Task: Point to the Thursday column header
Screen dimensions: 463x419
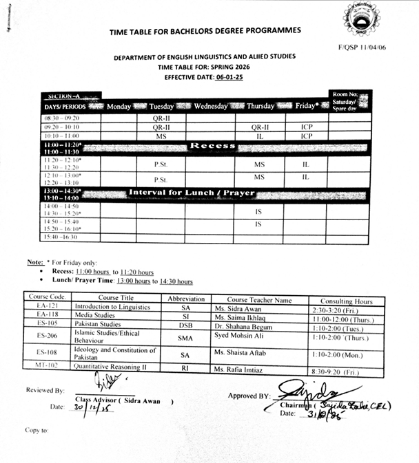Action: coord(260,107)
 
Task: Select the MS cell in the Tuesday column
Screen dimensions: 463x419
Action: coord(161,136)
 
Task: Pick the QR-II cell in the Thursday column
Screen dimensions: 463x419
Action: coord(259,127)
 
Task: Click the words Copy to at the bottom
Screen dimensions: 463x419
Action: coord(37,430)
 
